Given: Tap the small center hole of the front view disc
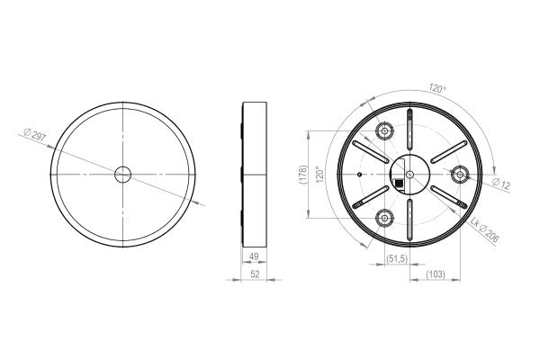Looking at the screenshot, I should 121,173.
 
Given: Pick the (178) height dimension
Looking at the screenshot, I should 303,174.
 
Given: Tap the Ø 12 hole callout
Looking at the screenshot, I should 501,184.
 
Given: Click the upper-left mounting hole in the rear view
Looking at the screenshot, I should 384,131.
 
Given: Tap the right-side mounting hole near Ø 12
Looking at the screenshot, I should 460,173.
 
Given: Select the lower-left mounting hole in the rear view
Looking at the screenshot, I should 384,217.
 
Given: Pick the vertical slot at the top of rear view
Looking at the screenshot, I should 410,124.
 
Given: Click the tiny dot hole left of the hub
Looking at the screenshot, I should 359,174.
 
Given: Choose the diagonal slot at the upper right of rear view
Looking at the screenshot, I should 447,151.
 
